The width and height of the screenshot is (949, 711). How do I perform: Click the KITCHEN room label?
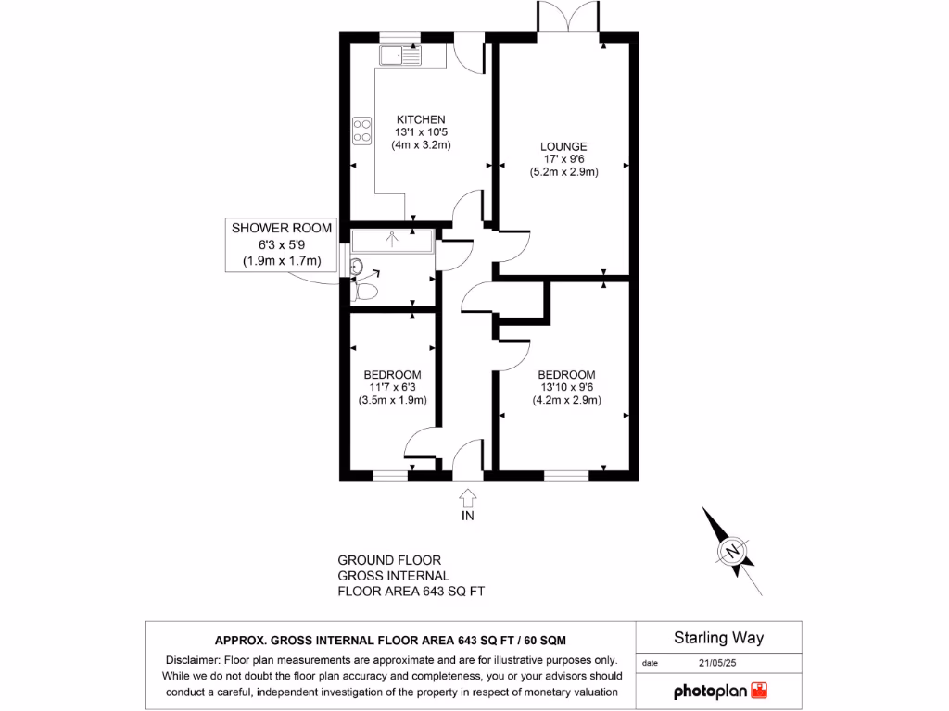click(421, 119)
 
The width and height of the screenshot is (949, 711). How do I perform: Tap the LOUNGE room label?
click(564, 146)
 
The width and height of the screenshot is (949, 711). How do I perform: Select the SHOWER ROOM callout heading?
click(281, 229)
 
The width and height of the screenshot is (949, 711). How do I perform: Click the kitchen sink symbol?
click(399, 56)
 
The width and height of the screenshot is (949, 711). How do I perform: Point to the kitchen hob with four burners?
click(361, 131)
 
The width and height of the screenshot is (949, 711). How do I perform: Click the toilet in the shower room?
click(365, 292)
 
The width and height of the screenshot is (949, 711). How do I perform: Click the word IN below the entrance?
click(467, 516)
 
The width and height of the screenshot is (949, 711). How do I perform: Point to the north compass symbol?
click(732, 552)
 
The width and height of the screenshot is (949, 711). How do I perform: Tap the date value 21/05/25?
click(718, 663)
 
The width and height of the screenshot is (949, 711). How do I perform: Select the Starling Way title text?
click(718, 638)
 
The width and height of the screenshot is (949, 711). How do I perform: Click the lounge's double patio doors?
click(569, 20)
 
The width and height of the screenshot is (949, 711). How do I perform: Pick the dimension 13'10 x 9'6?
click(566, 388)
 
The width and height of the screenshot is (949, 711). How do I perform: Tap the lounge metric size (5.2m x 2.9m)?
click(564, 172)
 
